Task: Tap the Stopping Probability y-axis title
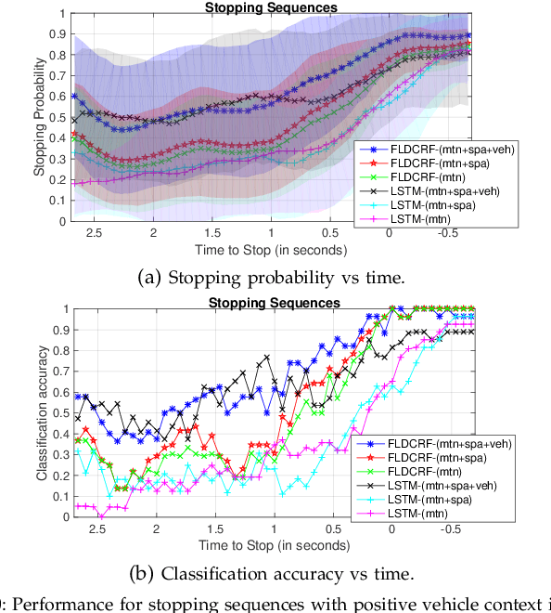pyautogui.click(x=40, y=116)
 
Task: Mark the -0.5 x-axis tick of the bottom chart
pyautogui.click(x=451, y=528)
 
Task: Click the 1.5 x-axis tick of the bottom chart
pyautogui.click(x=214, y=528)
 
